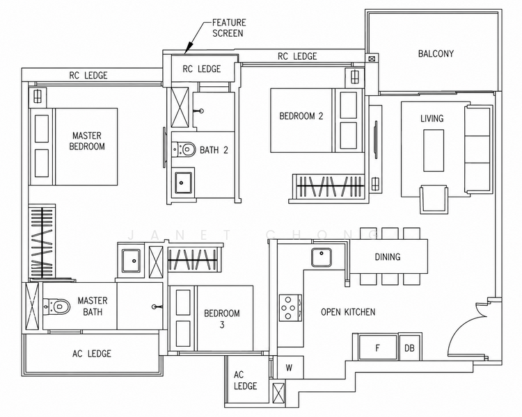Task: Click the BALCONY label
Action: (436, 54)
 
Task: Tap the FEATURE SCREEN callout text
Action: (229, 28)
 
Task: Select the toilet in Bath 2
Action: (184, 149)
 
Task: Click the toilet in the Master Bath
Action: (57, 306)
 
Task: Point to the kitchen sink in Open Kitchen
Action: (322, 257)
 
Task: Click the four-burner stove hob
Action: (290, 308)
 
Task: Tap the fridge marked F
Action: (378, 347)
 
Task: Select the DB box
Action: (409, 347)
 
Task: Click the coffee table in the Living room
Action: (434, 151)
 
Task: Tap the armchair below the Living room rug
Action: (434, 199)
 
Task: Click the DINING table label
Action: (388, 256)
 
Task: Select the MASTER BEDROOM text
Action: (87, 141)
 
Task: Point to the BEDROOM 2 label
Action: (301, 116)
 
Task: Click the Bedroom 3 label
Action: (222, 319)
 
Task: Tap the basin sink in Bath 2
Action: (182, 183)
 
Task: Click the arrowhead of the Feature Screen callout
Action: (187, 49)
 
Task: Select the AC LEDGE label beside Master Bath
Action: (92, 354)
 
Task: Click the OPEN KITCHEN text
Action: (348, 312)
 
